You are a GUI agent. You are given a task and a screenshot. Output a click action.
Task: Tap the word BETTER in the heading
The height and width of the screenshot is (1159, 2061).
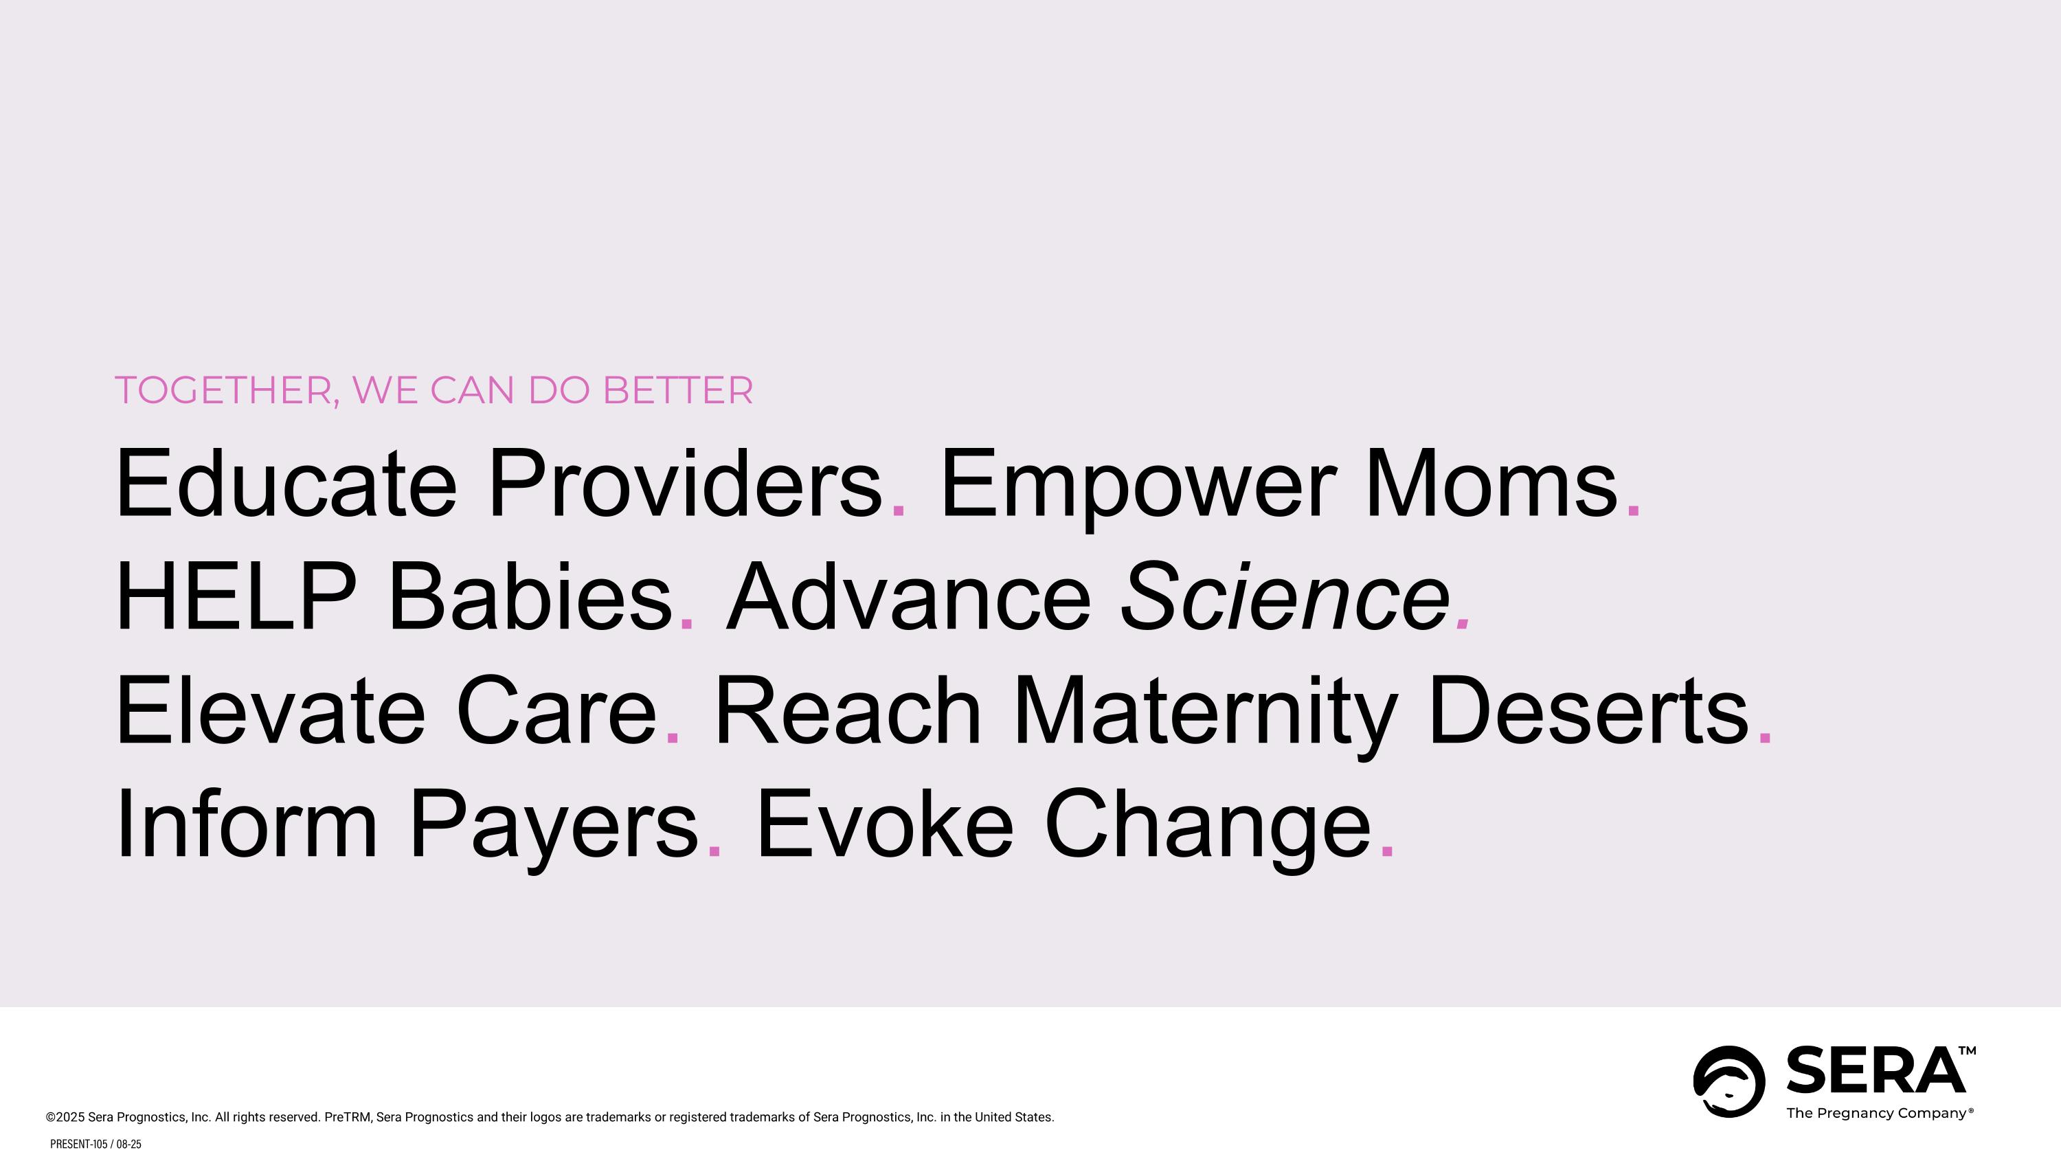coord(677,390)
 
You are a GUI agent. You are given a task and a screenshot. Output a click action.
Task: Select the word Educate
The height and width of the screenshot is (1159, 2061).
coord(286,484)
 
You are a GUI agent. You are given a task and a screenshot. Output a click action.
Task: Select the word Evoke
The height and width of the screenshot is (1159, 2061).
coord(884,824)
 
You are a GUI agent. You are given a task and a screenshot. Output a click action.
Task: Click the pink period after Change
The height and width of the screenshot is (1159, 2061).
coord(1387,853)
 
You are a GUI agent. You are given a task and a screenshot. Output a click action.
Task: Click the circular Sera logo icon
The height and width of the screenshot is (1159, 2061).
coord(1729,1081)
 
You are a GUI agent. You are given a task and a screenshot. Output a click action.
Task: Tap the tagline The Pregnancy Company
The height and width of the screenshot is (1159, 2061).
coord(1878,1114)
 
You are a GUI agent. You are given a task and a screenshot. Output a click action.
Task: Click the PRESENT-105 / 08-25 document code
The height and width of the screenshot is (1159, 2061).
coord(95,1145)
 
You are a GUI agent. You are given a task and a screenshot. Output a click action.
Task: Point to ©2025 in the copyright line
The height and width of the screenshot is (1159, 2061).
coord(65,1117)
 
